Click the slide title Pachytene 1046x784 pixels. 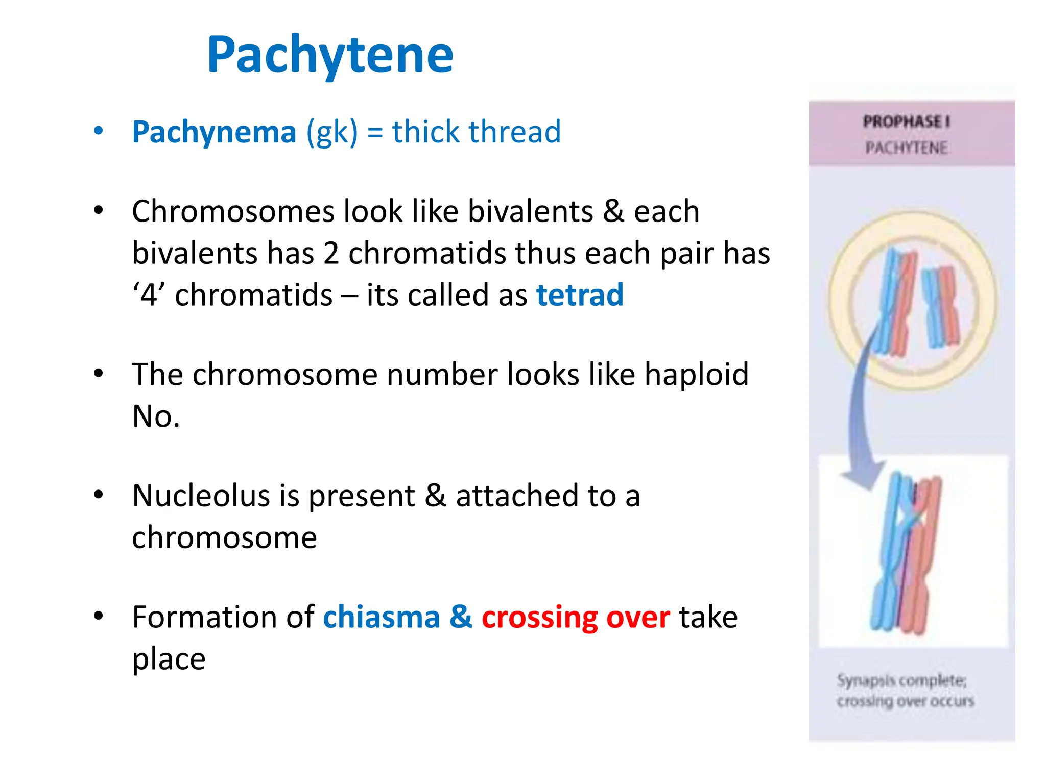tap(330, 55)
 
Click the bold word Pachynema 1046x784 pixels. tap(214, 132)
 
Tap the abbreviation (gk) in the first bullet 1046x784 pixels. tap(332, 132)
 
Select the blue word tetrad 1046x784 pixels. tap(580, 295)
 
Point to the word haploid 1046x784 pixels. tap(696, 374)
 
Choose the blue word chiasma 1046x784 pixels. tap(381, 617)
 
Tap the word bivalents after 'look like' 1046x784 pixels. tap(530, 211)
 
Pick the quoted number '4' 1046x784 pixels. tap(149, 295)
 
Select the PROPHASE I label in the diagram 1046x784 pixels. tap(907, 121)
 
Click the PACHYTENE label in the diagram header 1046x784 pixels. tap(907, 148)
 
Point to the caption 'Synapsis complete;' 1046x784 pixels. tap(901, 680)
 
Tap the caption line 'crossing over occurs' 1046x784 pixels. tap(905, 701)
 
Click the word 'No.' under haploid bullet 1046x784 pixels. tap(156, 416)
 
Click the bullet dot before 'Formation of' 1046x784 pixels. tap(99, 616)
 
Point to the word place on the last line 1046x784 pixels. tap(169, 659)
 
